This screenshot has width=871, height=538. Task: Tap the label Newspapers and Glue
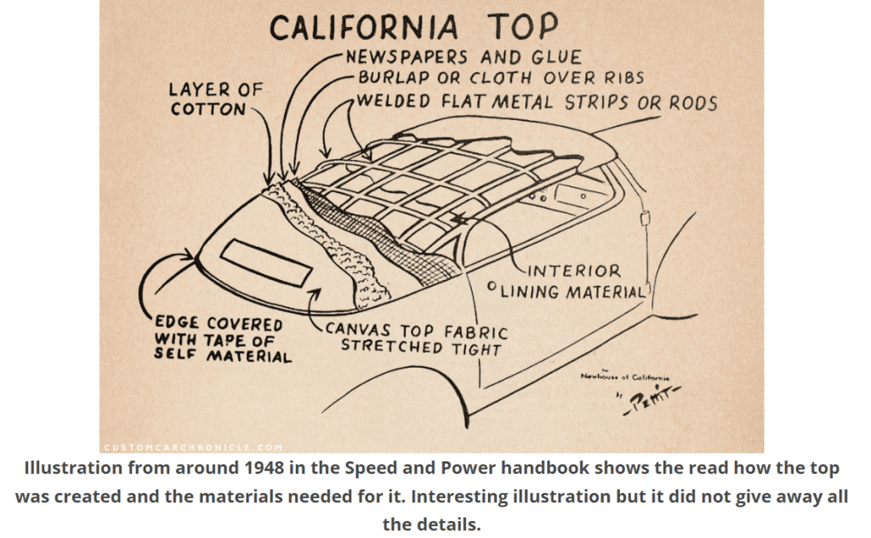pos(463,58)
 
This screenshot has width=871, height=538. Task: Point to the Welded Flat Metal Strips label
pos(536,102)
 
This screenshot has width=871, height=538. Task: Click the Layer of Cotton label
pos(216,99)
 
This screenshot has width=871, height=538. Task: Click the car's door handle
pos(646,219)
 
